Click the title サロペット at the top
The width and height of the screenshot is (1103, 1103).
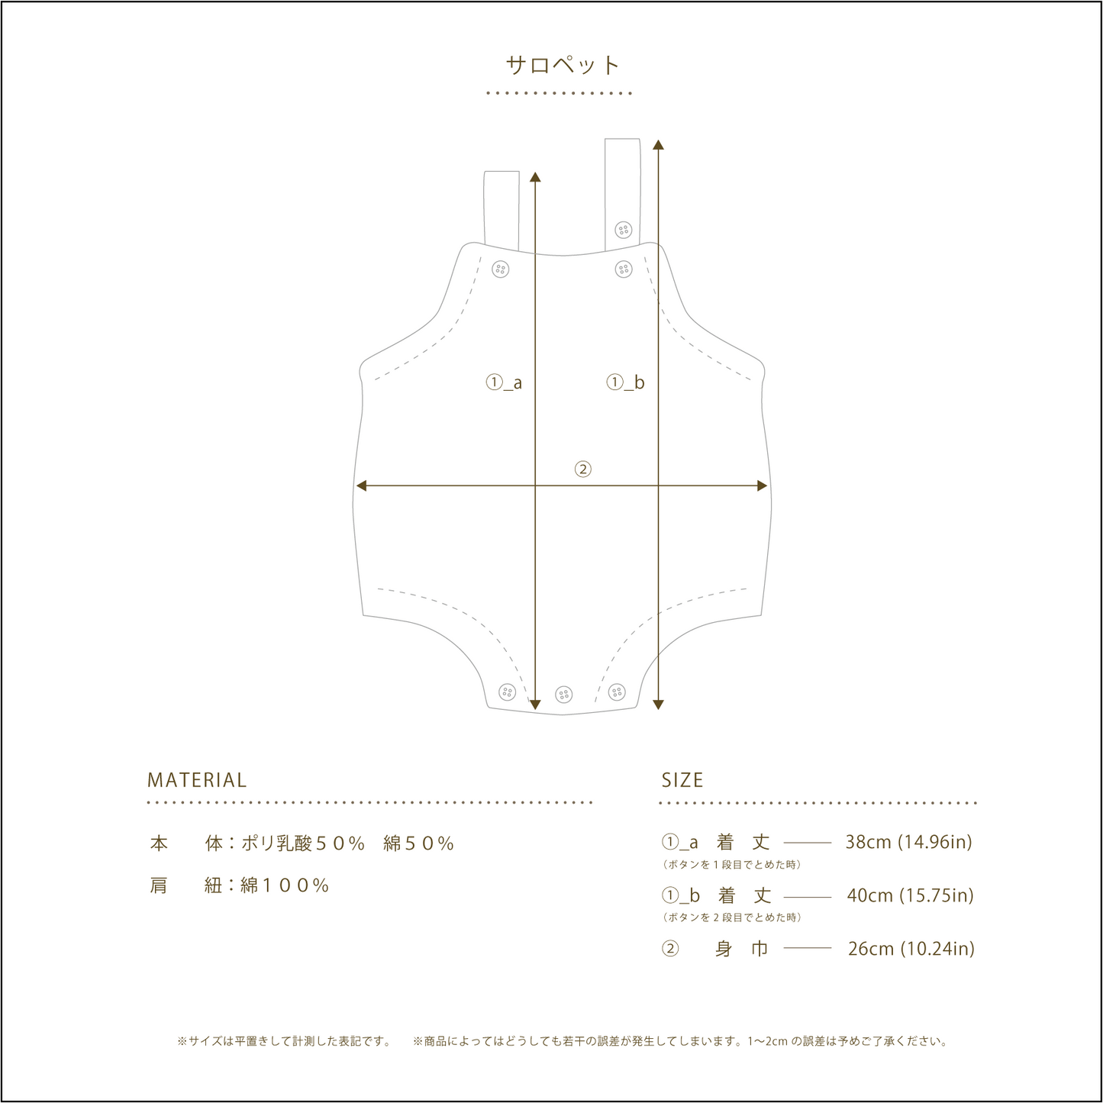click(x=563, y=65)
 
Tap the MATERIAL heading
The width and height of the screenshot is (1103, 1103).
click(x=197, y=780)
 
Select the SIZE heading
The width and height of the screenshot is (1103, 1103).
click(x=682, y=780)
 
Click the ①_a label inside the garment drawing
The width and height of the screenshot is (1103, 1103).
click(x=504, y=382)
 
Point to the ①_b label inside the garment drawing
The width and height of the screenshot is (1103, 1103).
click(x=626, y=382)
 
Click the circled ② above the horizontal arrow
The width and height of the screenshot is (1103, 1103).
click(x=582, y=469)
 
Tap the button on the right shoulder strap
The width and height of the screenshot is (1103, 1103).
click(x=624, y=230)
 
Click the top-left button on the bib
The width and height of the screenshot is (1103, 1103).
click(x=501, y=269)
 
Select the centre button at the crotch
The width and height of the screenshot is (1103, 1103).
click(x=564, y=695)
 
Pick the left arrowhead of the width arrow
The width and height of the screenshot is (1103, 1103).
click(x=361, y=486)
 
